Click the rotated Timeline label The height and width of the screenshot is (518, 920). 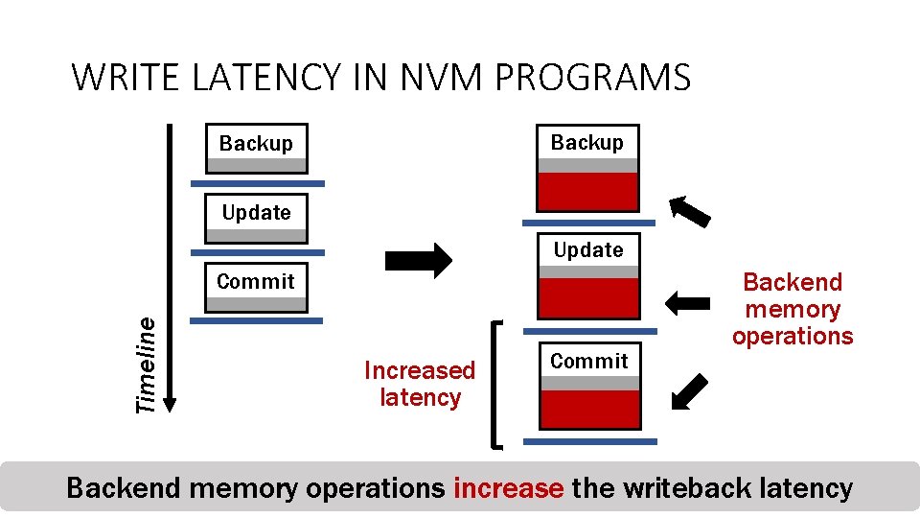tap(146, 365)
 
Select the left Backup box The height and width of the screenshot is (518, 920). tap(257, 148)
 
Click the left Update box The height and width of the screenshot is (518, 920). tap(257, 218)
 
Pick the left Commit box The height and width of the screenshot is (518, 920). tap(256, 287)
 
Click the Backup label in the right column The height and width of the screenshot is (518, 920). tap(586, 142)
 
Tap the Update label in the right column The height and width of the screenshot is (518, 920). tap(587, 250)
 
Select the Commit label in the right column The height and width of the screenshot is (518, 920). tap(588, 361)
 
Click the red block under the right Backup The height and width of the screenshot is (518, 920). tap(587, 191)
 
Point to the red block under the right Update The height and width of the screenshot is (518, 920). tap(587, 298)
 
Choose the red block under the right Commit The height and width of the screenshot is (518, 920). tap(588, 409)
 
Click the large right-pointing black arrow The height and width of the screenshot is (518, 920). tap(418, 260)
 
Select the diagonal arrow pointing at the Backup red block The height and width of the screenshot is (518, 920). tap(690, 210)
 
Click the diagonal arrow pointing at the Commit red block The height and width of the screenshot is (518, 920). tap(689, 391)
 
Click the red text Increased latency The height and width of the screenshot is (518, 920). tap(420, 384)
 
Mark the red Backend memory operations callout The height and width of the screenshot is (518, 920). tap(792, 309)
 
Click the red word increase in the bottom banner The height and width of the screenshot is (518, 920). tap(508, 488)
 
